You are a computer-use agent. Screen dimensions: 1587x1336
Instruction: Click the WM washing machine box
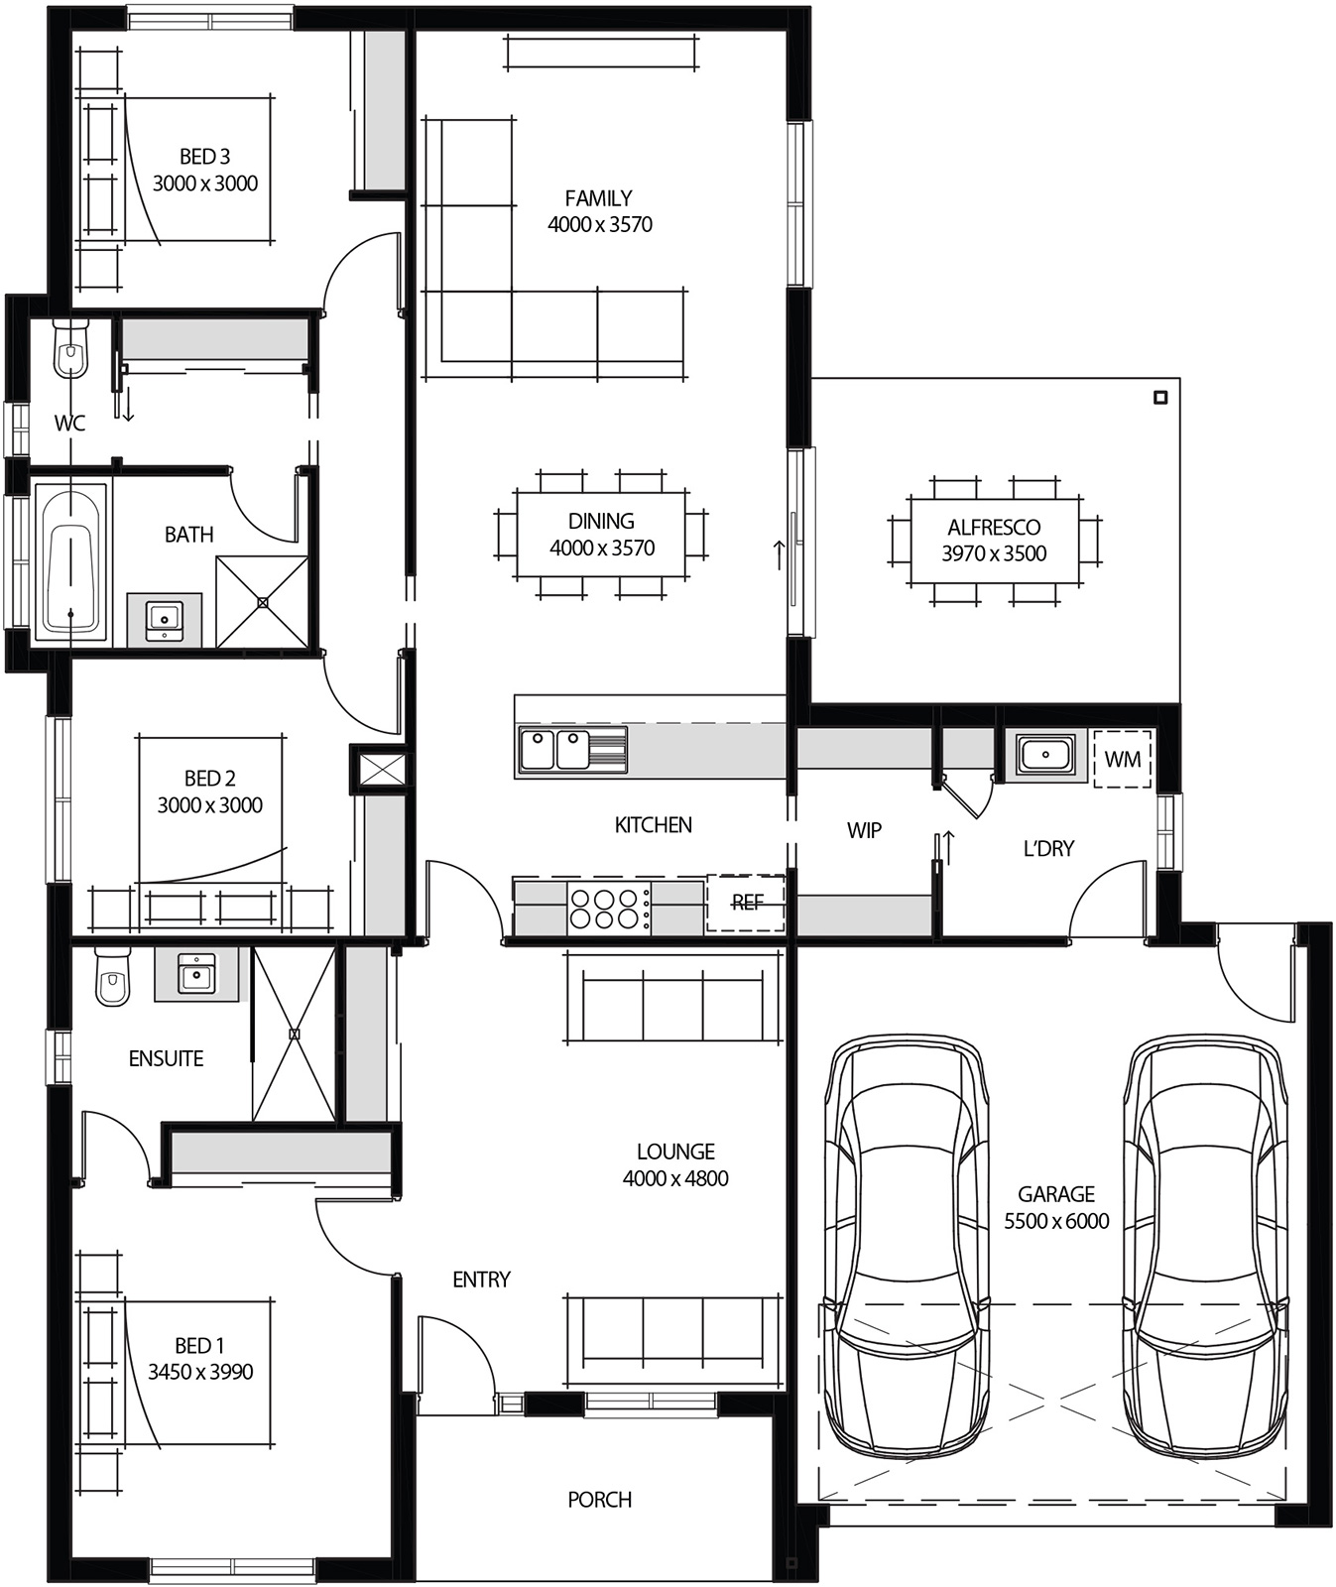(x=1123, y=760)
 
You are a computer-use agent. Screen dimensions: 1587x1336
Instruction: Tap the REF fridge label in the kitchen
(x=747, y=903)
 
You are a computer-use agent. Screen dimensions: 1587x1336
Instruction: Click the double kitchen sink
(x=555, y=750)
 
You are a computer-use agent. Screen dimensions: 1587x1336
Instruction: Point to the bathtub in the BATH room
(x=70, y=561)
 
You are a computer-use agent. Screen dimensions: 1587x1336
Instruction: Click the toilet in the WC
(x=69, y=349)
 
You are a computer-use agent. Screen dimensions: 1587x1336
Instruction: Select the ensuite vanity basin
(x=195, y=974)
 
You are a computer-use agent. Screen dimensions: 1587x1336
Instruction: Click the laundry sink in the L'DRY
(x=1043, y=756)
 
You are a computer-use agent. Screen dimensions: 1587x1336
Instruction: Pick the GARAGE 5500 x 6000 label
(x=1056, y=1207)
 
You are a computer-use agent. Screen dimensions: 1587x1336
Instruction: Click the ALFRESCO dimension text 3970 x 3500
(x=994, y=553)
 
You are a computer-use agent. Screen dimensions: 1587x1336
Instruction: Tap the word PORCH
(x=599, y=1500)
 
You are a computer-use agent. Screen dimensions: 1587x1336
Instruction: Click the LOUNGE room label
(x=675, y=1152)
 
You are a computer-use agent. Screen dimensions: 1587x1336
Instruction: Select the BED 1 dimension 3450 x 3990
(x=200, y=1372)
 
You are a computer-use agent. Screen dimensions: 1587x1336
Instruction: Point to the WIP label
(x=864, y=830)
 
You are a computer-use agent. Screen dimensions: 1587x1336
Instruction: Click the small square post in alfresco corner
(x=1161, y=398)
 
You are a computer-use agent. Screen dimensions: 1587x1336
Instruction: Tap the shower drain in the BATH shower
(x=263, y=602)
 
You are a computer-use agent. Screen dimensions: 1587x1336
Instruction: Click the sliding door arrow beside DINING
(x=779, y=554)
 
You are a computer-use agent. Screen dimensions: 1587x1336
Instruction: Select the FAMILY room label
(x=598, y=198)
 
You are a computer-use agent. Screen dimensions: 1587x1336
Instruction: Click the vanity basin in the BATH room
(x=164, y=619)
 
